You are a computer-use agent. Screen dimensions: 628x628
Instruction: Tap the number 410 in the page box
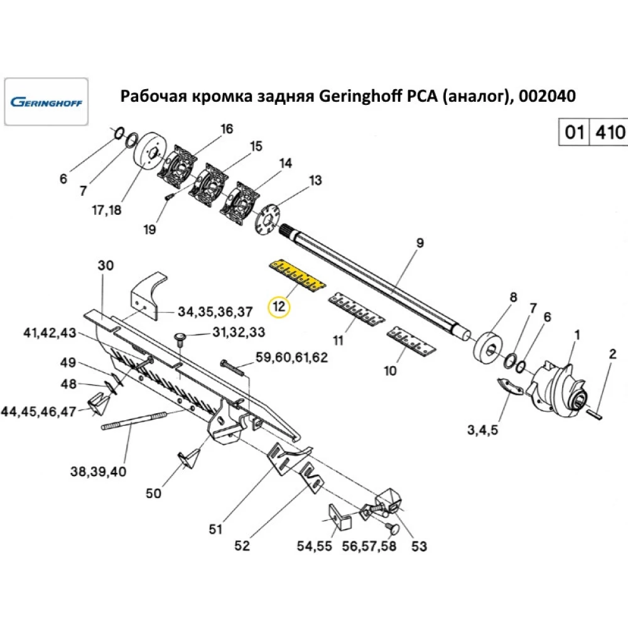pos(609,133)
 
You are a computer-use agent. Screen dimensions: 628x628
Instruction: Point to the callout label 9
pos(420,242)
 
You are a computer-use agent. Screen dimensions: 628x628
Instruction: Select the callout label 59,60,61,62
pos(291,359)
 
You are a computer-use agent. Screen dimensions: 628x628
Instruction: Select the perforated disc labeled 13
pos(268,220)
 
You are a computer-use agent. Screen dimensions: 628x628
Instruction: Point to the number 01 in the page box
pos(573,133)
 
